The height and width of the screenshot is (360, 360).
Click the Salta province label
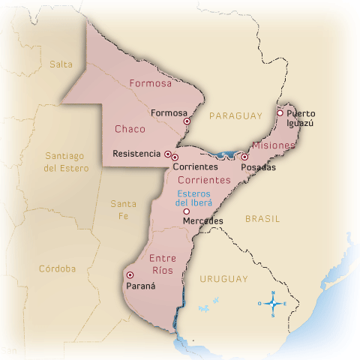coord(61,64)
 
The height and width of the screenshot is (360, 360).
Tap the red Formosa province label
coord(150,83)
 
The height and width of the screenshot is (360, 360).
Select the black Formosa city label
coord(168,113)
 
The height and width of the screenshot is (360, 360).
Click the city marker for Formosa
coord(187,119)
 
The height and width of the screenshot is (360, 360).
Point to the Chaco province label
coord(130,129)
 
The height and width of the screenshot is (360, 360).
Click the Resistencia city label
coord(136,154)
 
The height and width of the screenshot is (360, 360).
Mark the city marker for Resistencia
coord(167,154)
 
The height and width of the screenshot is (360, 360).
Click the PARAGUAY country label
coord(235,115)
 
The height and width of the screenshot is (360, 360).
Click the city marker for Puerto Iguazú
coord(280,113)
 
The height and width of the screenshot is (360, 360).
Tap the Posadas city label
coord(258,167)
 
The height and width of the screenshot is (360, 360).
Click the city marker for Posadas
coord(244,157)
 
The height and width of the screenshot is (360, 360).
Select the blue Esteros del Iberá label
coord(194,198)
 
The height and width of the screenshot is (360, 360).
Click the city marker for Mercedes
coord(186,211)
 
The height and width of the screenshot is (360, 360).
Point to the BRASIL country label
coord(262,219)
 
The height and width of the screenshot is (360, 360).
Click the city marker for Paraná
coord(130,274)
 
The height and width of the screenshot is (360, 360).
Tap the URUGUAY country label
coord(223,279)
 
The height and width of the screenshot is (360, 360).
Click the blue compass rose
coord(274,304)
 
